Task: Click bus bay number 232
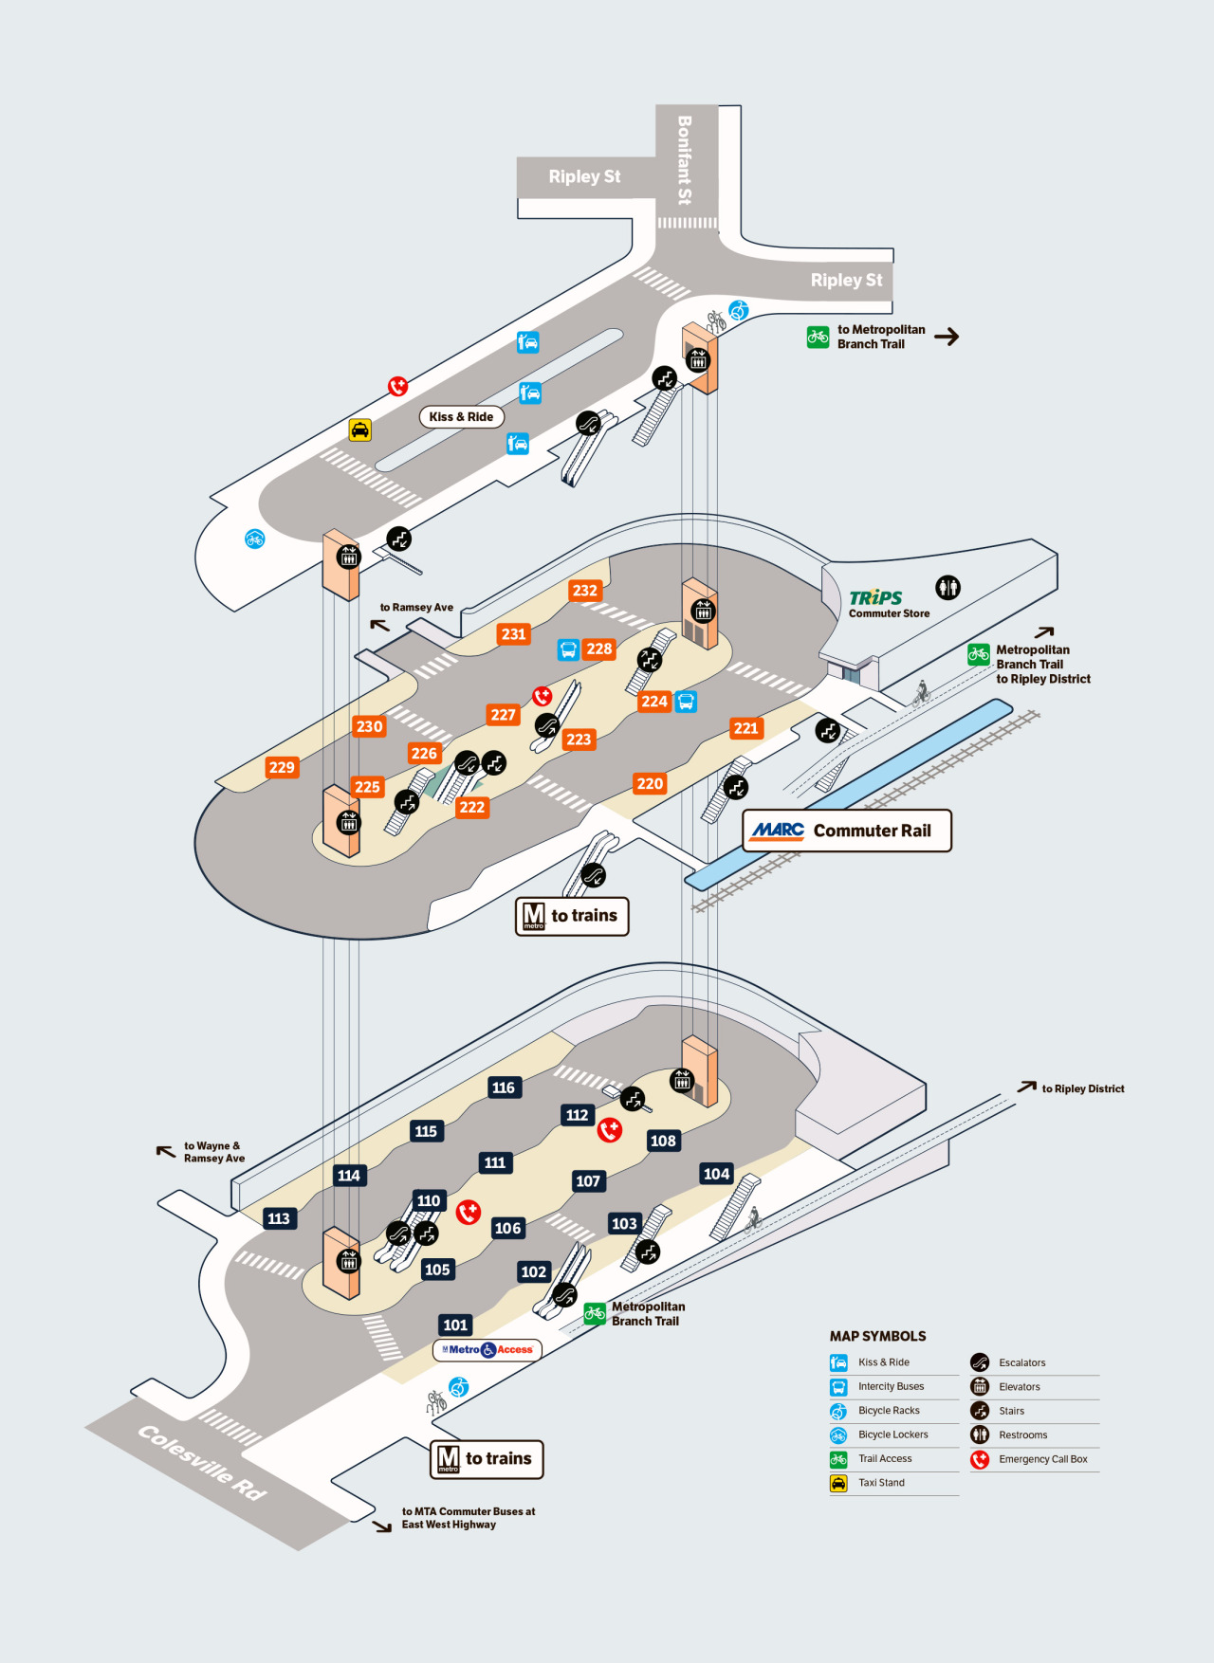[x=585, y=591]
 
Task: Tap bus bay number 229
[x=282, y=767]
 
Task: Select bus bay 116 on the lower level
[x=504, y=1087]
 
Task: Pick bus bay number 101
[x=455, y=1325]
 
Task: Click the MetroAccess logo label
[x=487, y=1349]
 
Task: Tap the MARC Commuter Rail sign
[x=847, y=831]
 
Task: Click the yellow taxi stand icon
[x=360, y=429]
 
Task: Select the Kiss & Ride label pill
[x=462, y=416]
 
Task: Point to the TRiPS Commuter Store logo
[x=889, y=603]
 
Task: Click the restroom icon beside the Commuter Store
[x=947, y=588]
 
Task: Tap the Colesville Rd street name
[x=202, y=1462]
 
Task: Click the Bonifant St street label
[x=685, y=160]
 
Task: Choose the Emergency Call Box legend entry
[x=1030, y=1459]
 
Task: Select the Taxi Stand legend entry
[x=868, y=1483]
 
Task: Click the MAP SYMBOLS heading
[x=878, y=1336]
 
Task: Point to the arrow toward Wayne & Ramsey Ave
[x=166, y=1151]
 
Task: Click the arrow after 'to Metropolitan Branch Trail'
[x=947, y=337]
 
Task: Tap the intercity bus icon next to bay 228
[x=568, y=649]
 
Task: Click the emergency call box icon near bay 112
[x=610, y=1130]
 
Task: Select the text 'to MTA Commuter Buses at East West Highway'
[x=469, y=1518]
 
